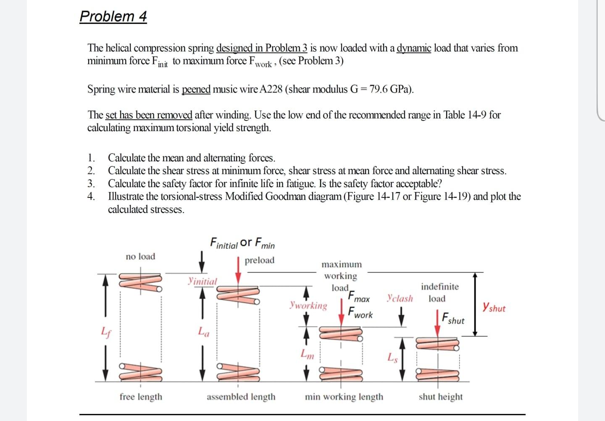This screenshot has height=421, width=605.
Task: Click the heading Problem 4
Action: [113, 16]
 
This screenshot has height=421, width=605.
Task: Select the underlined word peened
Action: [196, 89]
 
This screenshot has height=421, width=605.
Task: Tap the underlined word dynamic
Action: [414, 48]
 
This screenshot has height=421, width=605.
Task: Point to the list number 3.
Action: [91, 184]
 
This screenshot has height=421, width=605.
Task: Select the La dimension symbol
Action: [204, 332]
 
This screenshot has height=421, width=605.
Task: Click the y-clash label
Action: [400, 298]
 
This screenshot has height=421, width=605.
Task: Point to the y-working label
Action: [308, 305]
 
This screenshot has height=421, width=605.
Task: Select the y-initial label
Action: [203, 281]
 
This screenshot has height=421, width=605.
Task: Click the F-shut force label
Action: [453, 319]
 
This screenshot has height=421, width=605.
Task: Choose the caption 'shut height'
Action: [440, 397]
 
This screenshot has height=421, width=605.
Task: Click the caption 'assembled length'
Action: [241, 397]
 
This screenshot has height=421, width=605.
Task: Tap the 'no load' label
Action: [140, 256]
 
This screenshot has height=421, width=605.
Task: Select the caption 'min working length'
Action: [344, 397]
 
